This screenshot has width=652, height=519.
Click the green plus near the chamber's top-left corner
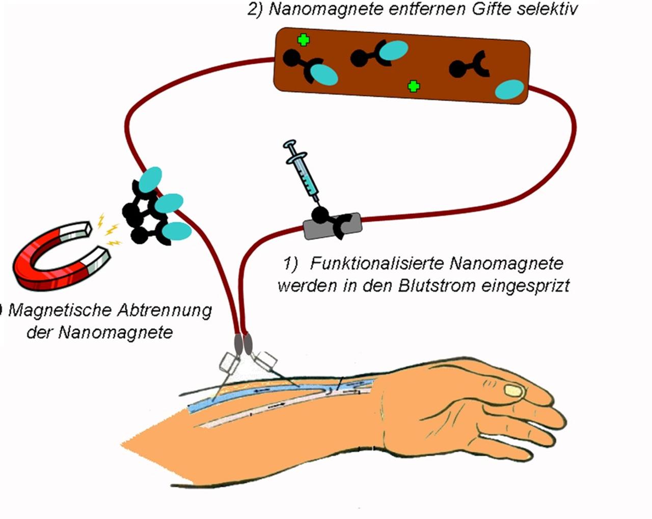304,40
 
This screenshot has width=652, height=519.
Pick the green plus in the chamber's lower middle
414,86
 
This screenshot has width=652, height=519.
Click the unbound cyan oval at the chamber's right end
509,90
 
